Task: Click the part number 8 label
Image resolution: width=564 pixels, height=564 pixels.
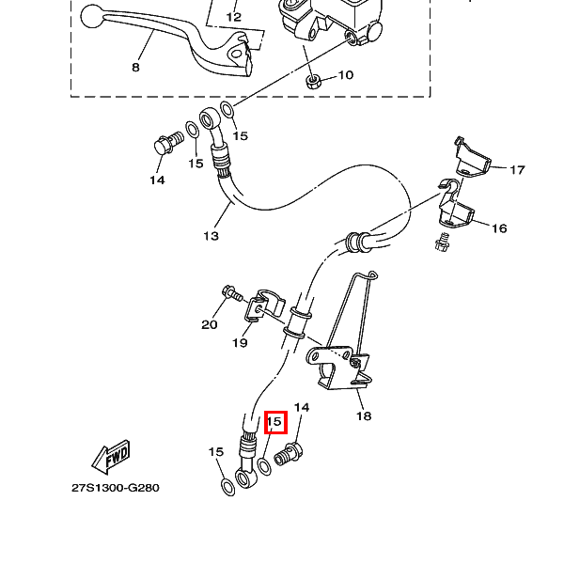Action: tap(136, 69)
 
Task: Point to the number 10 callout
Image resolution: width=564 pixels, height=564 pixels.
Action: tap(345, 75)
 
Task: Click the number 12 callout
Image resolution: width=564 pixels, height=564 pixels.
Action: tap(234, 17)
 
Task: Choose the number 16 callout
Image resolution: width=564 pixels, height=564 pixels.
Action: tap(499, 228)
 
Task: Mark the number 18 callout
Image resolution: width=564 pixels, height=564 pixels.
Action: tap(364, 415)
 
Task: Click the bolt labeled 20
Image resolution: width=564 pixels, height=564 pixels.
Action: tap(228, 296)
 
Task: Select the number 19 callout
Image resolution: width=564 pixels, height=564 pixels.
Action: tap(240, 343)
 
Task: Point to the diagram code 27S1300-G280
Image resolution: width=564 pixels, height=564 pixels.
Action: tap(116, 489)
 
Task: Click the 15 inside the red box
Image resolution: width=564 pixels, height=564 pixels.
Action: tap(275, 423)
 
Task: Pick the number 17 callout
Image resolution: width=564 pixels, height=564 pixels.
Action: tap(518, 170)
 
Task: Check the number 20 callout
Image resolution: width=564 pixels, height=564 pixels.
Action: tap(209, 325)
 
